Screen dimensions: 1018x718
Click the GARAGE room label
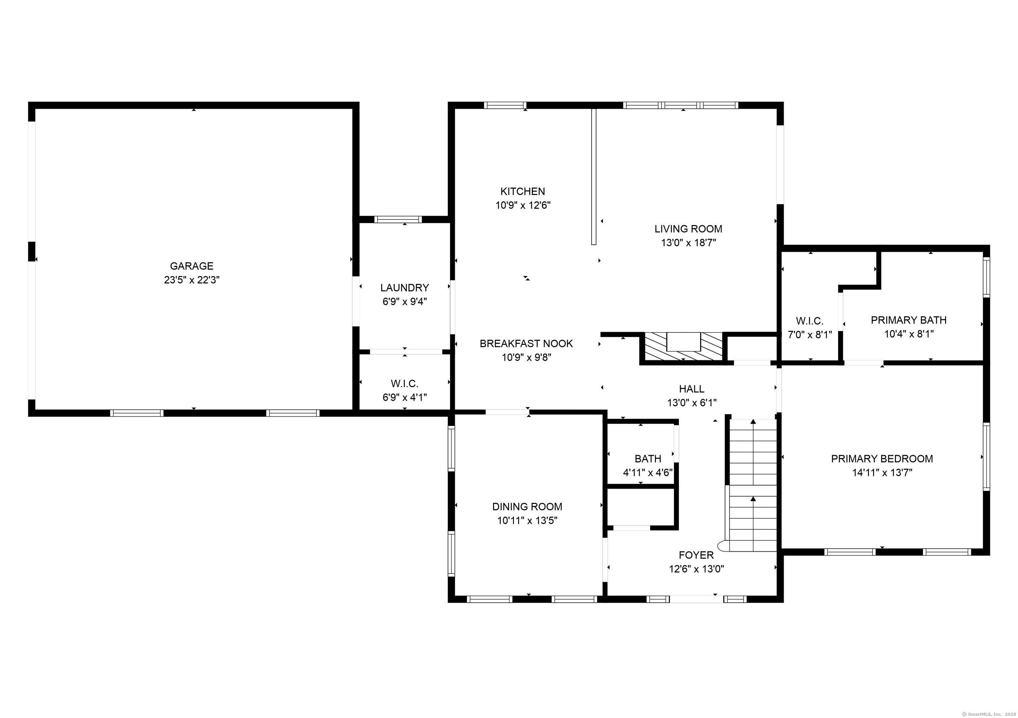tap(192, 266)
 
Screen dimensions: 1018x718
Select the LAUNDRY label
tap(404, 288)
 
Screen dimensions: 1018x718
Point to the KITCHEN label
tap(523, 192)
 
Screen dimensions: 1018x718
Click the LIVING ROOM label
tap(688, 229)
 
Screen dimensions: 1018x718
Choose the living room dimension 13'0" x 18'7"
tap(689, 243)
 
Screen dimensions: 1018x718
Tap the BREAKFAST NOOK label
tap(526, 344)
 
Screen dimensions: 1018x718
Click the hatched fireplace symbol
tap(683, 346)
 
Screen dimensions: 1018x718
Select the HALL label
tap(692, 389)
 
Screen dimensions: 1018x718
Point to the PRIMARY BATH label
tap(909, 320)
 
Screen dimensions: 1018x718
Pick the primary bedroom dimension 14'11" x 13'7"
tap(882, 473)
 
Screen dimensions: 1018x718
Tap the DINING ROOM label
tap(527, 507)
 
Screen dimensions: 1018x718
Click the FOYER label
tap(696, 555)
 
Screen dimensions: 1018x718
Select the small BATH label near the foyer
tap(648, 458)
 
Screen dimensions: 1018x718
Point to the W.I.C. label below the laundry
tap(404, 383)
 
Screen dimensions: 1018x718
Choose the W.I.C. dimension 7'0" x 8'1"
tap(810, 335)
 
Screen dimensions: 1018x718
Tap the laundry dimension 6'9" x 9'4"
tap(404, 302)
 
